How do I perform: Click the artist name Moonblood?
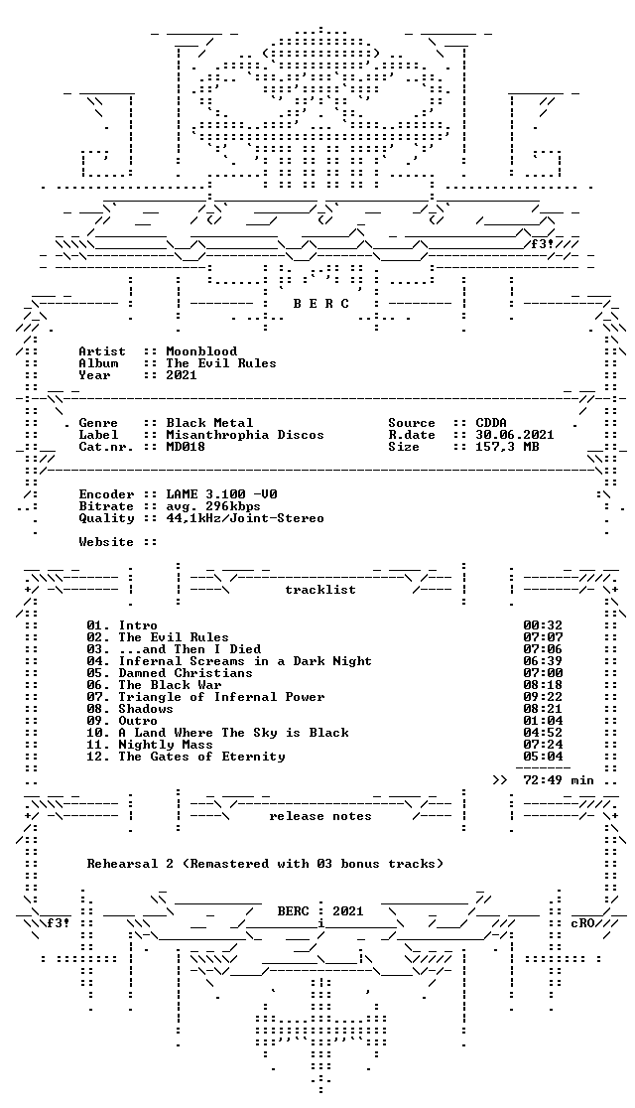(x=201, y=351)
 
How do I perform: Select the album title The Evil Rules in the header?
(x=221, y=363)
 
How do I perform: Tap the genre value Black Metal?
(x=209, y=423)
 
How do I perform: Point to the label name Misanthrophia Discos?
(x=245, y=435)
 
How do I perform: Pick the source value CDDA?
(x=491, y=423)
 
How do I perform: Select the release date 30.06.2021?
(x=515, y=435)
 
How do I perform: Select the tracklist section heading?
(x=320, y=590)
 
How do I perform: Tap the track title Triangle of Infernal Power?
(x=221, y=697)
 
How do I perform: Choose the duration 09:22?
(x=543, y=697)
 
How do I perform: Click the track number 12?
(x=97, y=757)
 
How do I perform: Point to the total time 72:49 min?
(x=559, y=780)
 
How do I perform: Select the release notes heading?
(x=320, y=816)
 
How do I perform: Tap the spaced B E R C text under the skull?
(x=320, y=304)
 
